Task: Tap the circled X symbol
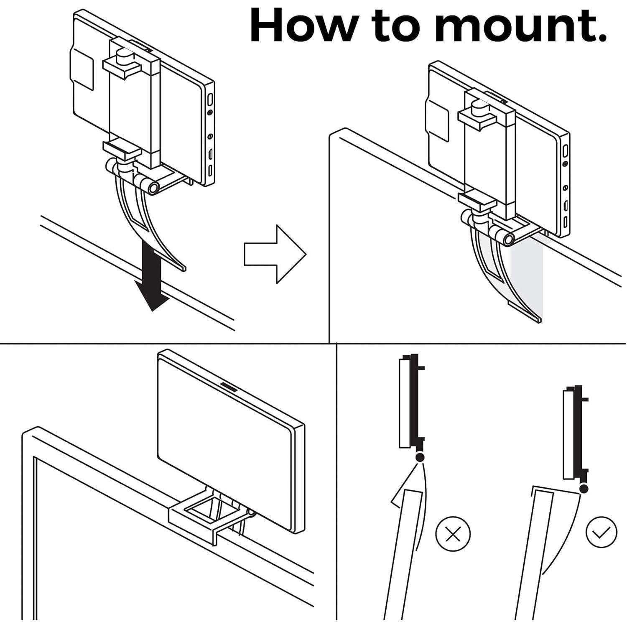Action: (x=453, y=534)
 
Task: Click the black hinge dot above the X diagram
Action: (x=420, y=458)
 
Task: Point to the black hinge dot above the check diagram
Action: (x=584, y=488)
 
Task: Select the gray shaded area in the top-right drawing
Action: (x=526, y=280)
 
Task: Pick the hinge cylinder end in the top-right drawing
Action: (x=508, y=239)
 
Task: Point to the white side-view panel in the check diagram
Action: (x=568, y=434)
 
